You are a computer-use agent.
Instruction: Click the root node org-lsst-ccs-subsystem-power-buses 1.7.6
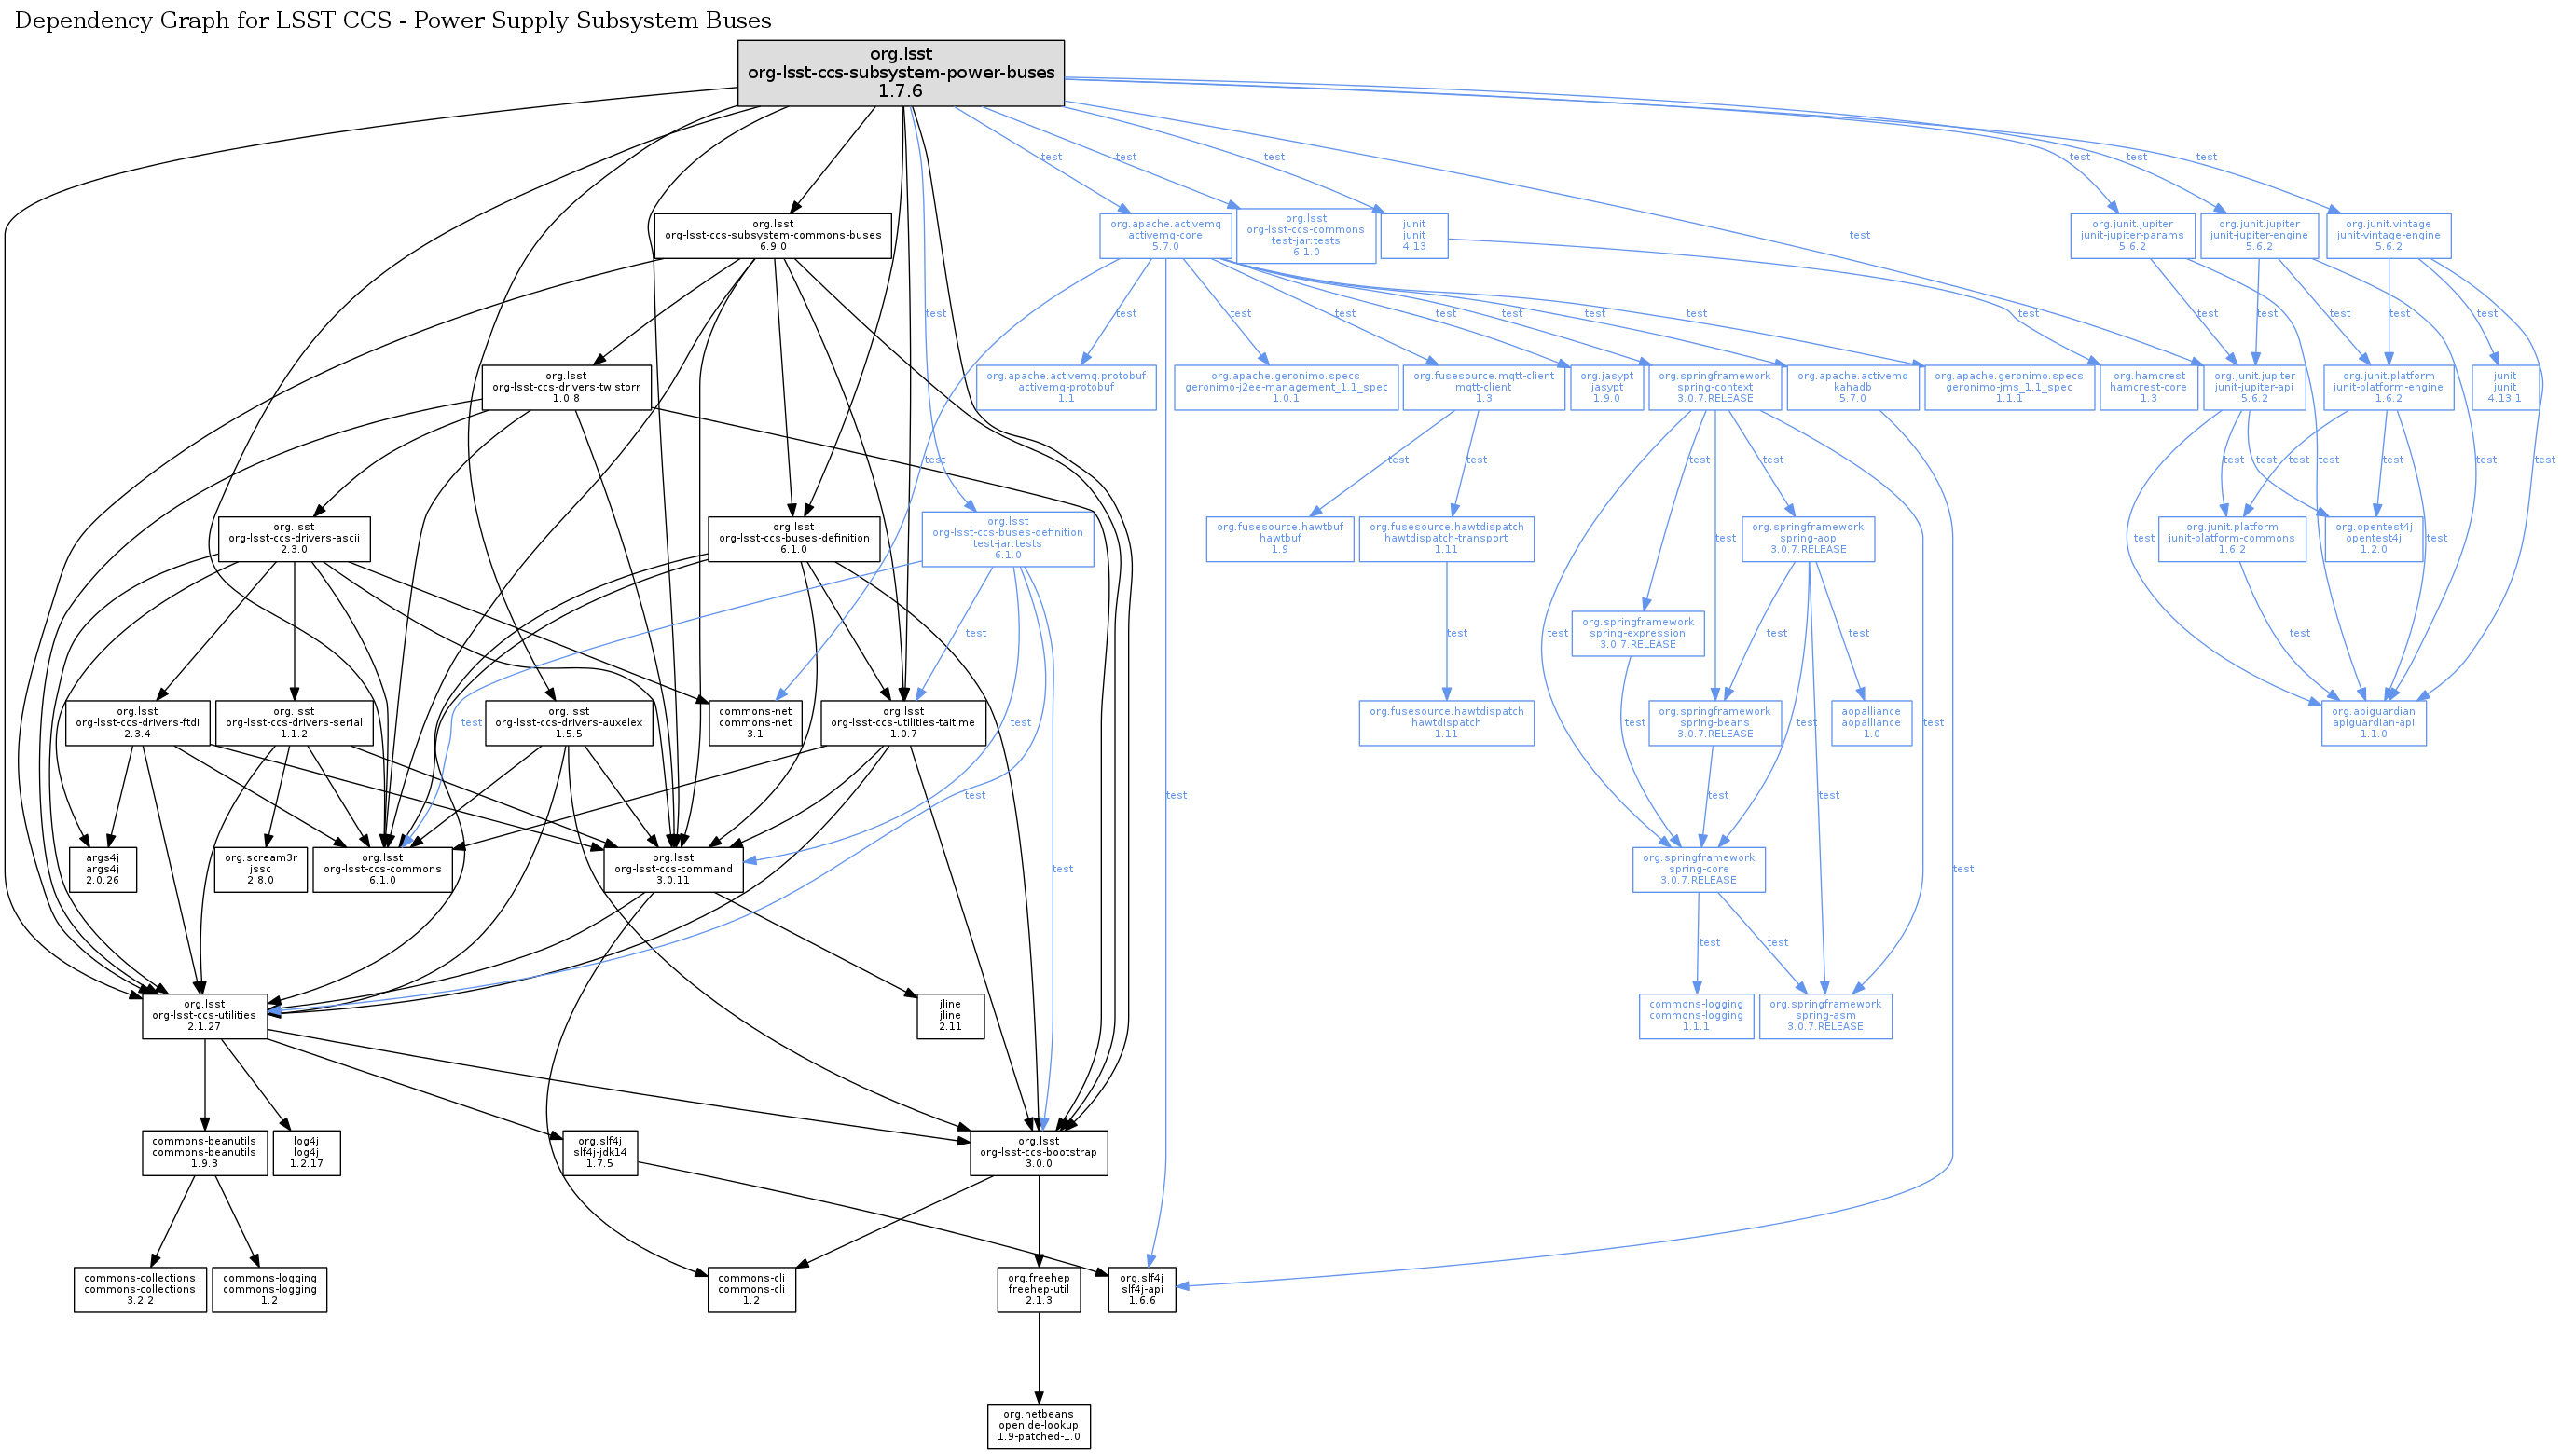pyautogui.click(x=900, y=73)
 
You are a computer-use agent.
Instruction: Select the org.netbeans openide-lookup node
pyautogui.click(x=1038, y=1426)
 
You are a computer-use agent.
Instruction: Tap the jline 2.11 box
pyautogui.click(x=950, y=1016)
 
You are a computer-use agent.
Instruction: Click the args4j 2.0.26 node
pyautogui.click(x=102, y=869)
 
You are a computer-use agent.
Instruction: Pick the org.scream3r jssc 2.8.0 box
pyautogui.click(x=260, y=869)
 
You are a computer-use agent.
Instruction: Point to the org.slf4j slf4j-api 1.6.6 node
pyautogui.click(x=1141, y=1289)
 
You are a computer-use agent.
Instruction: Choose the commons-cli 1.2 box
pyautogui.click(x=751, y=1289)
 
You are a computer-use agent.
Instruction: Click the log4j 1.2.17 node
pyautogui.click(x=306, y=1152)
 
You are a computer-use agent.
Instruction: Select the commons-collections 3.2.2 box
pyautogui.click(x=139, y=1289)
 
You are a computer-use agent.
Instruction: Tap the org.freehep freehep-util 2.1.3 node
pyautogui.click(x=1038, y=1289)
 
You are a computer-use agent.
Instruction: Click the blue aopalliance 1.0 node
pyautogui.click(x=1871, y=722)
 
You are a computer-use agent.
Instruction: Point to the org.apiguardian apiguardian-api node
pyautogui.click(x=2373, y=722)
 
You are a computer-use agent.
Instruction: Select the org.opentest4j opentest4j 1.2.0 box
pyautogui.click(x=2373, y=539)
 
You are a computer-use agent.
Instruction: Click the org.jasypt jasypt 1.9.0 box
pyautogui.click(x=1606, y=388)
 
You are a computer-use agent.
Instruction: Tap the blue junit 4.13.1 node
pyautogui.click(x=2504, y=388)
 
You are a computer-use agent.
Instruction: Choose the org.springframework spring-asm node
pyautogui.click(x=1824, y=1016)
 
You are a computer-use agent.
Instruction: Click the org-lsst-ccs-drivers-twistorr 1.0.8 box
pyautogui.click(x=565, y=388)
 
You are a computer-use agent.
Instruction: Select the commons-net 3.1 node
pyautogui.click(x=754, y=722)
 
